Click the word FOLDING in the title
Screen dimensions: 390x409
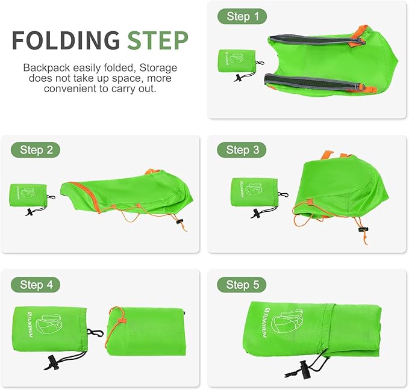click(x=66, y=40)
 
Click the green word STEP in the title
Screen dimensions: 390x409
click(x=157, y=40)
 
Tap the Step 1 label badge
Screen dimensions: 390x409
click(x=243, y=17)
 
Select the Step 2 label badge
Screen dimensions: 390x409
click(x=36, y=150)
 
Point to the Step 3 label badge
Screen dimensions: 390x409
click(x=243, y=150)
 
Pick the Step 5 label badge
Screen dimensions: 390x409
click(x=243, y=284)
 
